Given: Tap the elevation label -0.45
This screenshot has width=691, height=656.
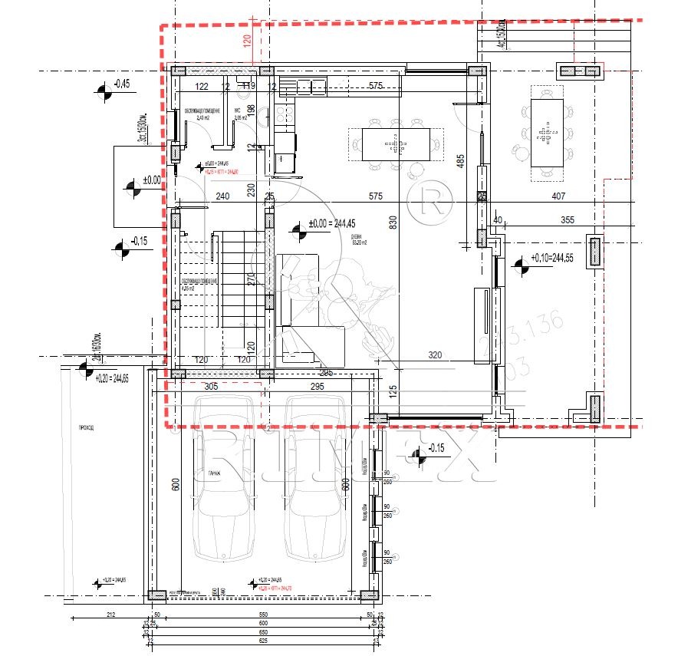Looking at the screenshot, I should pyautogui.click(x=121, y=84).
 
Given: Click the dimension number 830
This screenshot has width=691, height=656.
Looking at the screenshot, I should pyautogui.click(x=393, y=223).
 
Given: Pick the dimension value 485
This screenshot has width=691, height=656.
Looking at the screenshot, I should pyautogui.click(x=460, y=163).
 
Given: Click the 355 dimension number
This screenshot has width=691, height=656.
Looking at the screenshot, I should pyautogui.click(x=567, y=220).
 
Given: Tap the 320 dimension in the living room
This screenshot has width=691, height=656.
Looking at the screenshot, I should pyautogui.click(x=436, y=355).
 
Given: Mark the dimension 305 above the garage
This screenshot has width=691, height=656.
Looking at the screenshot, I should pyautogui.click(x=212, y=387).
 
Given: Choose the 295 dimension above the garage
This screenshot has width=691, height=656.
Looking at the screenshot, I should pyautogui.click(x=319, y=387).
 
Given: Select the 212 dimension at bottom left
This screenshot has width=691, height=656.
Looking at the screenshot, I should pyautogui.click(x=110, y=615).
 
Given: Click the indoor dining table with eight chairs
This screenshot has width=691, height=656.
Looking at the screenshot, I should pyautogui.click(x=395, y=143).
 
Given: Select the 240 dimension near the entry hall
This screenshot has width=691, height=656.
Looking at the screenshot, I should pyautogui.click(x=223, y=196).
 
